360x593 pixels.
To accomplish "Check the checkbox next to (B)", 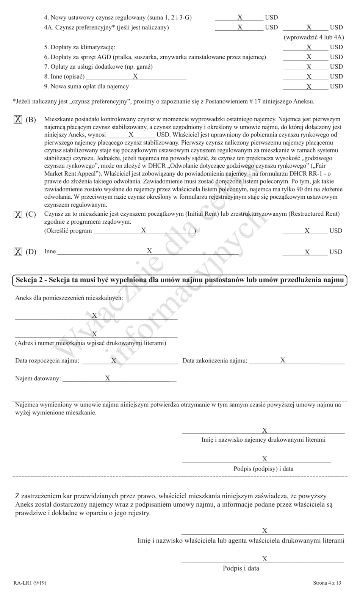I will [x=18, y=119].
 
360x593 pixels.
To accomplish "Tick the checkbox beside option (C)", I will [x=18, y=215].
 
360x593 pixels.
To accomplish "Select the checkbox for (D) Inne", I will [x=18, y=252].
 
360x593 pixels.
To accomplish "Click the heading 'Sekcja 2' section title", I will [x=180, y=280].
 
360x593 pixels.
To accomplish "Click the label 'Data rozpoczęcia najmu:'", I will [x=47, y=361].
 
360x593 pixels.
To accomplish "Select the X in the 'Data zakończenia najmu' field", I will [x=283, y=360].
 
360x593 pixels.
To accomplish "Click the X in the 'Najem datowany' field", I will [x=108, y=378].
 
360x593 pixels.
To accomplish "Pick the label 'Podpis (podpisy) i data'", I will [x=263, y=469].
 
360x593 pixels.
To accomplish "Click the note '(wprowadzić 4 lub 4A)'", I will [x=314, y=37].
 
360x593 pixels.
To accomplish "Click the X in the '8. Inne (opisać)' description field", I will [x=135, y=76].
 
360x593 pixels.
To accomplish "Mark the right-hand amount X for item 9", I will [x=309, y=86].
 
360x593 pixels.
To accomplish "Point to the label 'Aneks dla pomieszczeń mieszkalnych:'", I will [x=69, y=298].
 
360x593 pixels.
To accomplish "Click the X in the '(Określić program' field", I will [x=144, y=230].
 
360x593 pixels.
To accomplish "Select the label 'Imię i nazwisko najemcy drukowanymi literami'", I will [x=263, y=440].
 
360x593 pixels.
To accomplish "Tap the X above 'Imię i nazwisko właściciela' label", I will [x=265, y=530].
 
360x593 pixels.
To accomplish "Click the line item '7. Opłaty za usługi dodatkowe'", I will [x=99, y=67].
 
